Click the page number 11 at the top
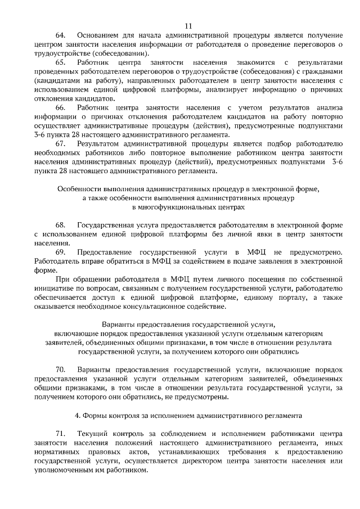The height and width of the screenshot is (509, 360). point(188,25)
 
